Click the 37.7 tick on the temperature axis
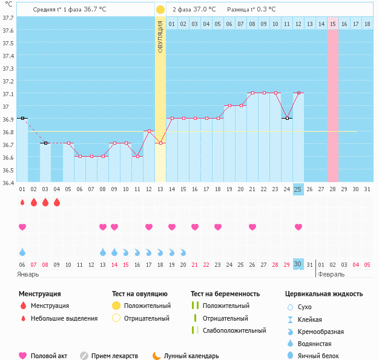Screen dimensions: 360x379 pos(8,18)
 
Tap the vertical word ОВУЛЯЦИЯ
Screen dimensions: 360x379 pos(160,36)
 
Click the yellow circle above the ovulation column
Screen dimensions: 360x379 pos(160,10)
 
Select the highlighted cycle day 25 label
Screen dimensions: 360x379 pos(298,189)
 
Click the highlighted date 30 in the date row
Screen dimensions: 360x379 pos(298,264)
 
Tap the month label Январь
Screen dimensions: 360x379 pos(28,274)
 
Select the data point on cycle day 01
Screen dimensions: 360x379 pos(22,119)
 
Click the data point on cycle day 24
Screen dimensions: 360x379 pos(286,119)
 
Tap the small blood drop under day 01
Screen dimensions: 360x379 pos(22,202)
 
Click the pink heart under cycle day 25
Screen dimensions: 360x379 pos(298,227)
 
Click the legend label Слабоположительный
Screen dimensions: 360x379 pos(234,330)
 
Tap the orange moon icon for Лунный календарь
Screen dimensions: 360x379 pos(157,356)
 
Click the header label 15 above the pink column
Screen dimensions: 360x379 pos(333,24)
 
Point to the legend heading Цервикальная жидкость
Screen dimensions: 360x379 pos(324,294)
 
